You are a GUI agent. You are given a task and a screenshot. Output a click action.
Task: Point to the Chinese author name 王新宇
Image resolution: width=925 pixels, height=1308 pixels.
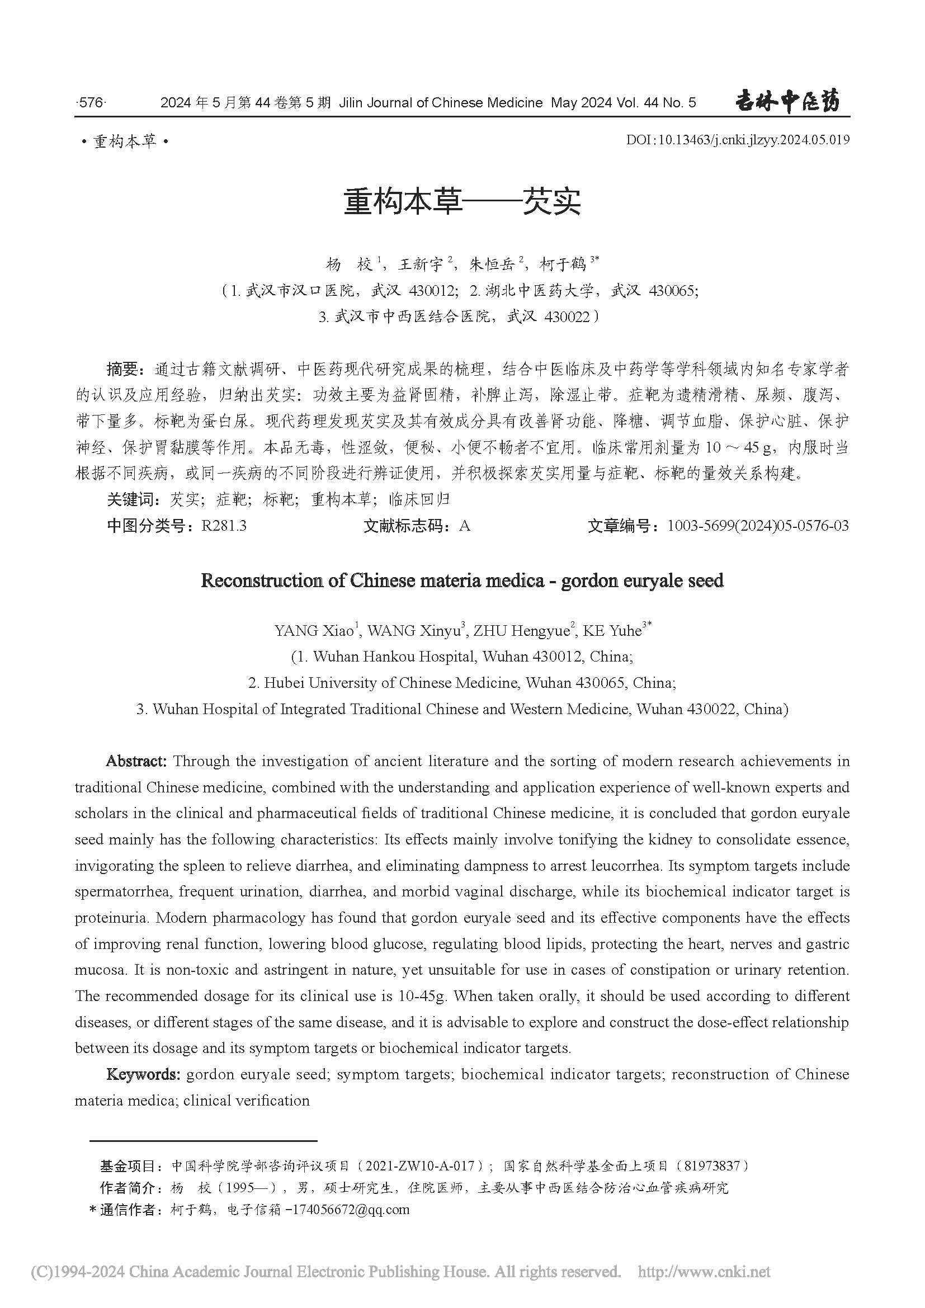(420, 265)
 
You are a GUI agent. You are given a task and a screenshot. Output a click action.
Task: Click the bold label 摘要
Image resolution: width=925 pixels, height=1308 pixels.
(122, 370)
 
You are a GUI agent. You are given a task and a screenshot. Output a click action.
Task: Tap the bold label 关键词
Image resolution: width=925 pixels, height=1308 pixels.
(130, 499)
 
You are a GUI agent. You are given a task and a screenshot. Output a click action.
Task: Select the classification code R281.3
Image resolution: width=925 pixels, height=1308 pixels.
(224, 526)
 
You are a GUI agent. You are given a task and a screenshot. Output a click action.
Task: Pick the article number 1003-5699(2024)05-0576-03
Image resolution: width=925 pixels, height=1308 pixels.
(758, 526)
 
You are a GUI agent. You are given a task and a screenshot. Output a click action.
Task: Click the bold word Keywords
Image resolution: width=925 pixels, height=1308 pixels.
(143, 1074)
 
